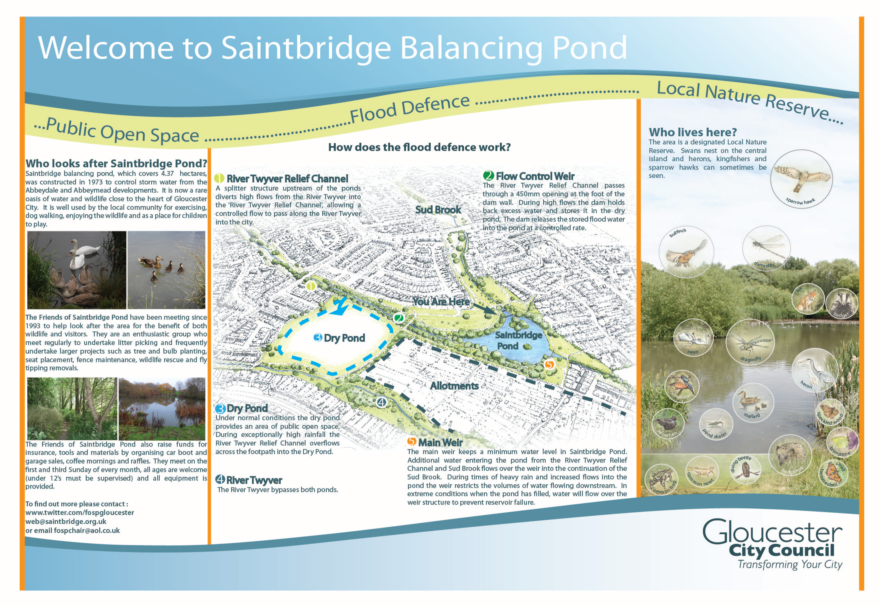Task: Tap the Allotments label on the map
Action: click(x=454, y=386)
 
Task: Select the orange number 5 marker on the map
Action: click(x=549, y=365)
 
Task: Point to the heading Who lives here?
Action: click(x=692, y=132)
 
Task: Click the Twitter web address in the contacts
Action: click(x=80, y=513)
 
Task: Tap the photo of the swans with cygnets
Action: click(x=77, y=270)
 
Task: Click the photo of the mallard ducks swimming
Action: click(x=166, y=270)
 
